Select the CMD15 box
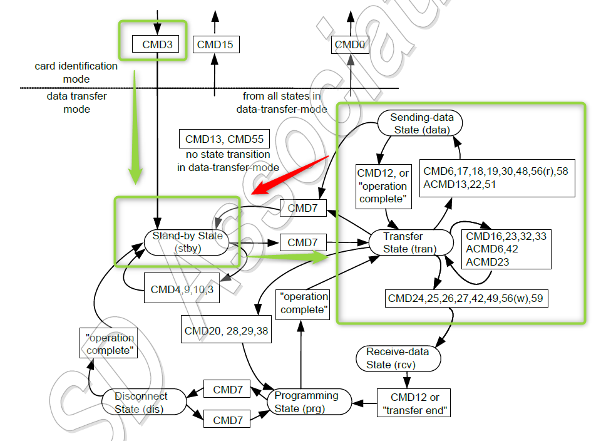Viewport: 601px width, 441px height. (x=214, y=44)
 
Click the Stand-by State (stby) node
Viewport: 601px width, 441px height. (x=188, y=242)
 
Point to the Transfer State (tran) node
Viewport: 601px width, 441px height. (x=411, y=242)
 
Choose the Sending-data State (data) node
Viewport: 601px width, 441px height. (x=421, y=123)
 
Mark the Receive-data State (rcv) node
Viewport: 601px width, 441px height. (x=398, y=358)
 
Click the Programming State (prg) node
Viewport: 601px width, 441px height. (x=307, y=402)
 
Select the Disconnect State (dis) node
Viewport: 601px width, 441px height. (x=141, y=402)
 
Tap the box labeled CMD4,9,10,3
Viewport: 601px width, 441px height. (x=182, y=289)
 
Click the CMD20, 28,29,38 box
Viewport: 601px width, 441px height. (x=227, y=330)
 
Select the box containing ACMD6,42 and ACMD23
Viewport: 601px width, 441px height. (x=506, y=249)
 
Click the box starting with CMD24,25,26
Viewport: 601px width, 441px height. (x=467, y=298)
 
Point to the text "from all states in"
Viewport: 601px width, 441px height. (x=282, y=96)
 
